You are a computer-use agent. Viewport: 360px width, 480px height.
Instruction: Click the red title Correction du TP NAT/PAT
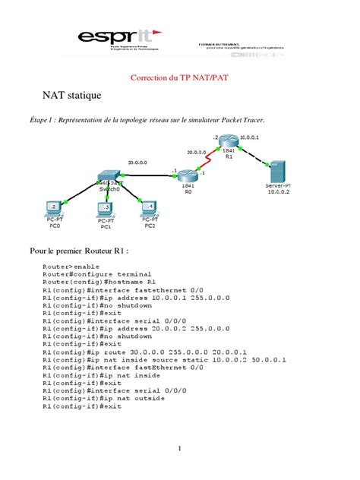179,77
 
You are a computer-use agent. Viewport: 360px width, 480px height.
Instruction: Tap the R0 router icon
187,175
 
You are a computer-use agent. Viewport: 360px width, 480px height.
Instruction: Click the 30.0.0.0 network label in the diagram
137,162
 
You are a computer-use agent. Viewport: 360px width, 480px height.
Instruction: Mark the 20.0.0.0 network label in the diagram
197,151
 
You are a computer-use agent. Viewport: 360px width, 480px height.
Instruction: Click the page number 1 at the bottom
179,448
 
